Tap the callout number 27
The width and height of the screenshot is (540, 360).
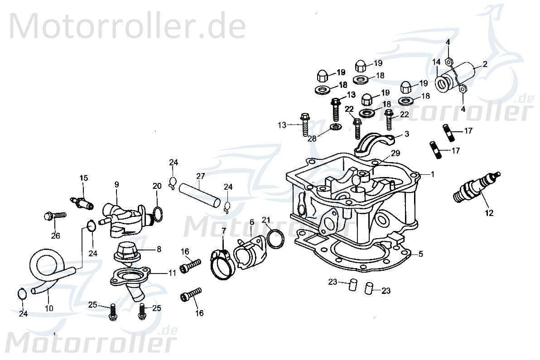pyautogui.click(x=200, y=176)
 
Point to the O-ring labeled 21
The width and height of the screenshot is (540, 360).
pyautogui.click(x=275, y=239)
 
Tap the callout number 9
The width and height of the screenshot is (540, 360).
pyautogui.click(x=116, y=184)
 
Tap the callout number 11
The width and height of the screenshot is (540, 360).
pyautogui.click(x=172, y=273)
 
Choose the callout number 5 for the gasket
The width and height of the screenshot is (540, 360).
pyautogui.click(x=420, y=254)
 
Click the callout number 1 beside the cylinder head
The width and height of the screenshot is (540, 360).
pyautogui.click(x=432, y=174)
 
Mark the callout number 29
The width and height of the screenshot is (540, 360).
pyautogui.click(x=395, y=154)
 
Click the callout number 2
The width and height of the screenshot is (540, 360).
pyautogui.click(x=485, y=64)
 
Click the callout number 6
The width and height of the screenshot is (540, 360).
pyautogui.click(x=252, y=222)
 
